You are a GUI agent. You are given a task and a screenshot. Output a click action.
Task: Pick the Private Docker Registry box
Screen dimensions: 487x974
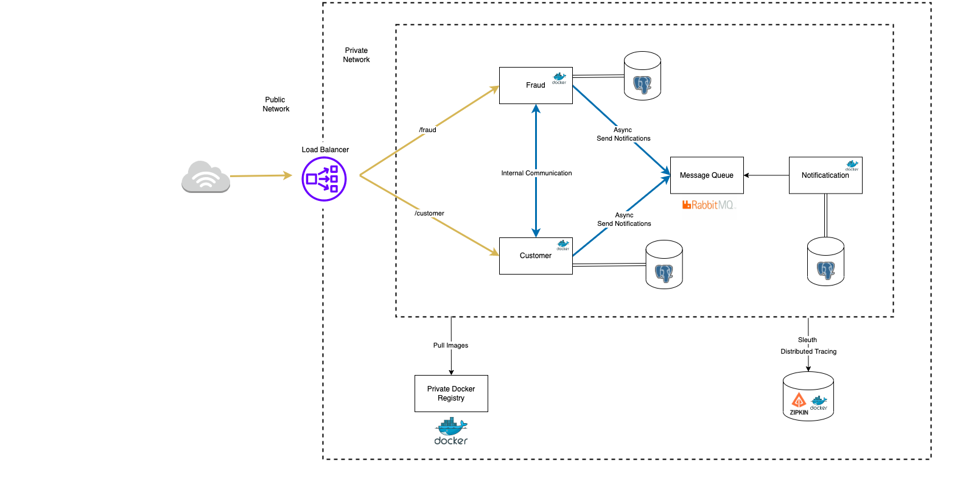pos(451,393)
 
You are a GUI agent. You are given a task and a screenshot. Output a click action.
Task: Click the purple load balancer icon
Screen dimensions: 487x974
pos(324,179)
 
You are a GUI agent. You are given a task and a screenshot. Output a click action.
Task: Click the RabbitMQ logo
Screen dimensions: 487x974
pos(709,205)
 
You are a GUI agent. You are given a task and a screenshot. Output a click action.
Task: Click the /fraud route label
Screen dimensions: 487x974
pos(427,130)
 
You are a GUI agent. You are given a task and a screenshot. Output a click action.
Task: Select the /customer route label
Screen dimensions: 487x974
pos(429,213)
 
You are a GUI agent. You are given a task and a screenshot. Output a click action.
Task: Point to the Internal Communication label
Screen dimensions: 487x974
pos(536,173)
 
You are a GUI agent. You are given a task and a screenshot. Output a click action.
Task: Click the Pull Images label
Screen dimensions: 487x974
pos(450,345)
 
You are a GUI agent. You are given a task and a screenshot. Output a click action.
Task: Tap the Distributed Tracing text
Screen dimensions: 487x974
pos(808,351)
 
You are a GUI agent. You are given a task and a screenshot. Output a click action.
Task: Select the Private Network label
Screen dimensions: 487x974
pos(356,55)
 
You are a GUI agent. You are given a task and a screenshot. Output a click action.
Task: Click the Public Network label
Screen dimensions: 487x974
pos(275,104)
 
